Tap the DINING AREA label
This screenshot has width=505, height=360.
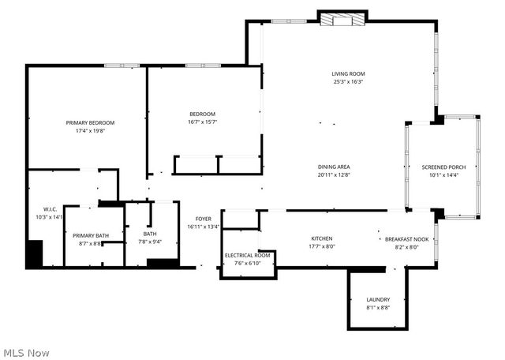pyautogui.click(x=334, y=167)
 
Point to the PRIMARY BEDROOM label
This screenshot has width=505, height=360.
pyautogui.click(x=90, y=122)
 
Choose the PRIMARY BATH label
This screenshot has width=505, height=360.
pyautogui.click(x=89, y=235)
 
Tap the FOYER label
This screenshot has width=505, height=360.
pyautogui.click(x=203, y=219)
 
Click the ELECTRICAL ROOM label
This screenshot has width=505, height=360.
pyautogui.click(x=248, y=255)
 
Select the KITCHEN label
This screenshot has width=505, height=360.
pyautogui.click(x=321, y=238)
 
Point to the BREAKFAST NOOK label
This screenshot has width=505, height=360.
pyautogui.click(x=406, y=238)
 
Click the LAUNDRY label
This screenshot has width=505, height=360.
pyautogui.click(x=378, y=299)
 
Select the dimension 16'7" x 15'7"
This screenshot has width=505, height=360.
pyautogui.click(x=202, y=122)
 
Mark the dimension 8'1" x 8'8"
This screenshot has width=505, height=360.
pyautogui.click(x=378, y=307)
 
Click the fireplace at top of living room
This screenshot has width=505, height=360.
pyautogui.click(x=342, y=19)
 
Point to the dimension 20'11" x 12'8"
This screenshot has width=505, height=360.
pyautogui.click(x=334, y=174)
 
